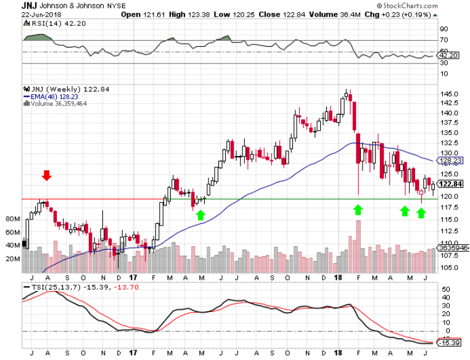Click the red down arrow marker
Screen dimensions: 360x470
point(47,176)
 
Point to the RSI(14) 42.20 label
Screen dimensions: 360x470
point(46,23)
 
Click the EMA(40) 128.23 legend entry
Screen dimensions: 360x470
point(52,97)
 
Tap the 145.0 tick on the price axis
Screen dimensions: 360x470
point(448,94)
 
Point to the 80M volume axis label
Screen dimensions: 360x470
point(12,219)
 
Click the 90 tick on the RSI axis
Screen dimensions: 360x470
point(443,29)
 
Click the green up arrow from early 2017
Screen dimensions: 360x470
point(200,215)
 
